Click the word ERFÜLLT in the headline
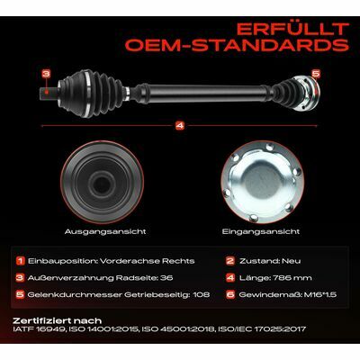(x=292, y=29)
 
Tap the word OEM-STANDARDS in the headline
(x=237, y=45)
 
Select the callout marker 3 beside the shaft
(x=46, y=74)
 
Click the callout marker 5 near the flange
(x=316, y=73)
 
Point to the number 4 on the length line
(x=180, y=126)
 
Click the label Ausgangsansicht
(x=105, y=231)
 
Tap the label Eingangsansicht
(x=261, y=231)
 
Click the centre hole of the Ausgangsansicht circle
(x=101, y=184)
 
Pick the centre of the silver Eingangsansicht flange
(x=262, y=182)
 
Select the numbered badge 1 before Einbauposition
(x=20, y=261)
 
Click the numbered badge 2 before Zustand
(x=230, y=261)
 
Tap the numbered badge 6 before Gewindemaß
(x=230, y=294)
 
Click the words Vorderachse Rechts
(x=148, y=261)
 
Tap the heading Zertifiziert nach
(x=58, y=320)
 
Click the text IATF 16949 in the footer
(x=39, y=329)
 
